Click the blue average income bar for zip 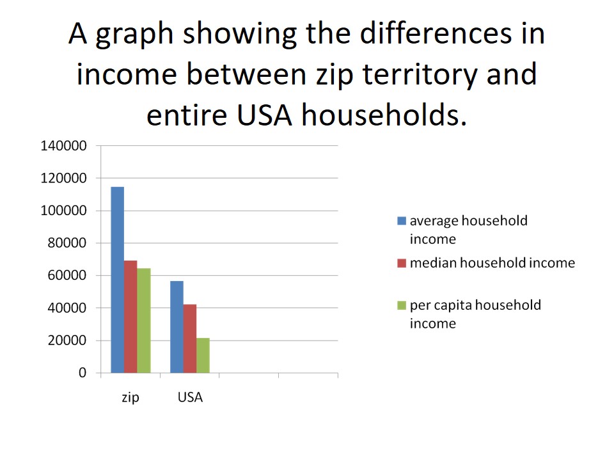(x=118, y=280)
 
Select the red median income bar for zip (x=130, y=317)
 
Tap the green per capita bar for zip (x=144, y=321)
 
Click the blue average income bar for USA (x=177, y=327)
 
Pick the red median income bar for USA (x=190, y=339)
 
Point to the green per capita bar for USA (x=203, y=355)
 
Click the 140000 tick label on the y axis (x=63, y=146)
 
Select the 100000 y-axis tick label (x=63, y=211)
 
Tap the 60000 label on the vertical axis (x=67, y=275)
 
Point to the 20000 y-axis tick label (x=67, y=340)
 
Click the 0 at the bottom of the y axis (x=83, y=373)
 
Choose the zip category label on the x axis (x=130, y=398)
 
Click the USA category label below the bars (x=191, y=398)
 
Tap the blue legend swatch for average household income (x=402, y=221)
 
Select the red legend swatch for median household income (x=402, y=263)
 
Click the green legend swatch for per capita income (x=402, y=305)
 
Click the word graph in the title (x=134, y=35)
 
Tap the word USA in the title (x=264, y=115)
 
